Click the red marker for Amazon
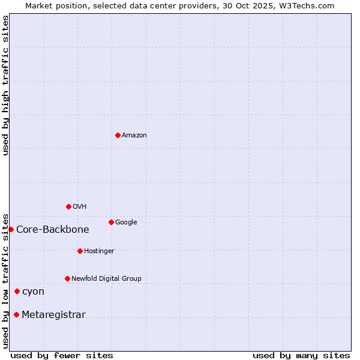coord(118,135)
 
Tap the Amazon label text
coord(134,136)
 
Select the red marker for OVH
coord(68,206)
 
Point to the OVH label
coord(79,207)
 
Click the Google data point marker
coord(111,222)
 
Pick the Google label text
coord(126,223)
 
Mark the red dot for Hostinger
coord(80,251)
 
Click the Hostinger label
coord(99,251)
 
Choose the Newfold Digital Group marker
coord(67,278)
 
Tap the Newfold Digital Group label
coord(106,279)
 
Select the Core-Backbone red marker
coord(11,229)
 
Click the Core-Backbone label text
coord(52,230)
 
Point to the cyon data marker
coord(17,291)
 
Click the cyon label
coord(33,292)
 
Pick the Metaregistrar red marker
coord(16,314)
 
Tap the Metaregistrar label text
coord(53,315)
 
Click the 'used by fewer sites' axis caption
coord(62,355)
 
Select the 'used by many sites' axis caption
coord(301,355)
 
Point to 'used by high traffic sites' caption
coord(5,85)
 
